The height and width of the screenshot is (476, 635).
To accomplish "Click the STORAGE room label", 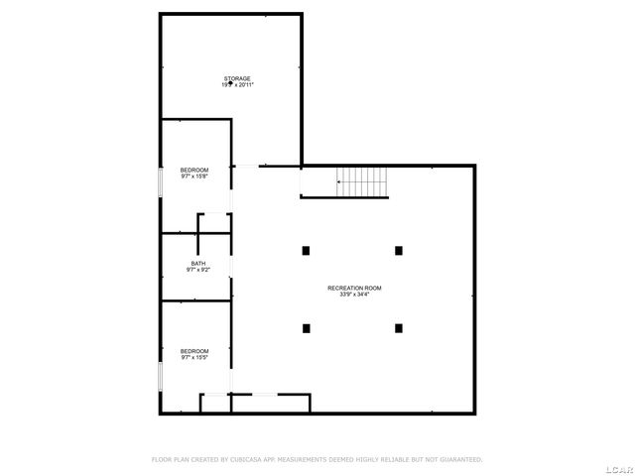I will [x=236, y=78].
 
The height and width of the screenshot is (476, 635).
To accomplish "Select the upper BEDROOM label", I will [x=194, y=171].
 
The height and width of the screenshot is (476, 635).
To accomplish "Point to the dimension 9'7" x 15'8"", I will [x=194, y=178].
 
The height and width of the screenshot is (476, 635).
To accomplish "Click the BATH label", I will [x=198, y=263].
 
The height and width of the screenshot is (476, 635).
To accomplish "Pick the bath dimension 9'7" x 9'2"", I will [x=198, y=270].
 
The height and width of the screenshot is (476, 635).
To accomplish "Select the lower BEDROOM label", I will [x=194, y=350].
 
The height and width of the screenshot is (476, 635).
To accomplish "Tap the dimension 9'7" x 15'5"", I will [x=194, y=357].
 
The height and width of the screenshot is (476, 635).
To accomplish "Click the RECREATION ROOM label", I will [x=354, y=288].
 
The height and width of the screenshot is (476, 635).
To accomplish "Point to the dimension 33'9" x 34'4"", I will [x=354, y=295].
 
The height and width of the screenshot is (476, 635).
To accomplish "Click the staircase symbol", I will [x=362, y=181].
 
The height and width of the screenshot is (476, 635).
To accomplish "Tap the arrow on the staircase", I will [x=340, y=181].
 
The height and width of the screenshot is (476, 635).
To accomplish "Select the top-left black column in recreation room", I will [x=307, y=250].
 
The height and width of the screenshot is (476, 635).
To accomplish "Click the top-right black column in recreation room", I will [x=399, y=250].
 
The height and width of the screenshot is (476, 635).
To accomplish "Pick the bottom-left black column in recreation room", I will [x=307, y=327].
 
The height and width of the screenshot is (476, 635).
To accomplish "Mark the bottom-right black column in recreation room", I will [x=399, y=327].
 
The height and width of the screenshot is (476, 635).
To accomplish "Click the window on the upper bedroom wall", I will [x=161, y=185].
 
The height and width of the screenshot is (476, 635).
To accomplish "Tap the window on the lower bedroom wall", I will [x=161, y=378].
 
